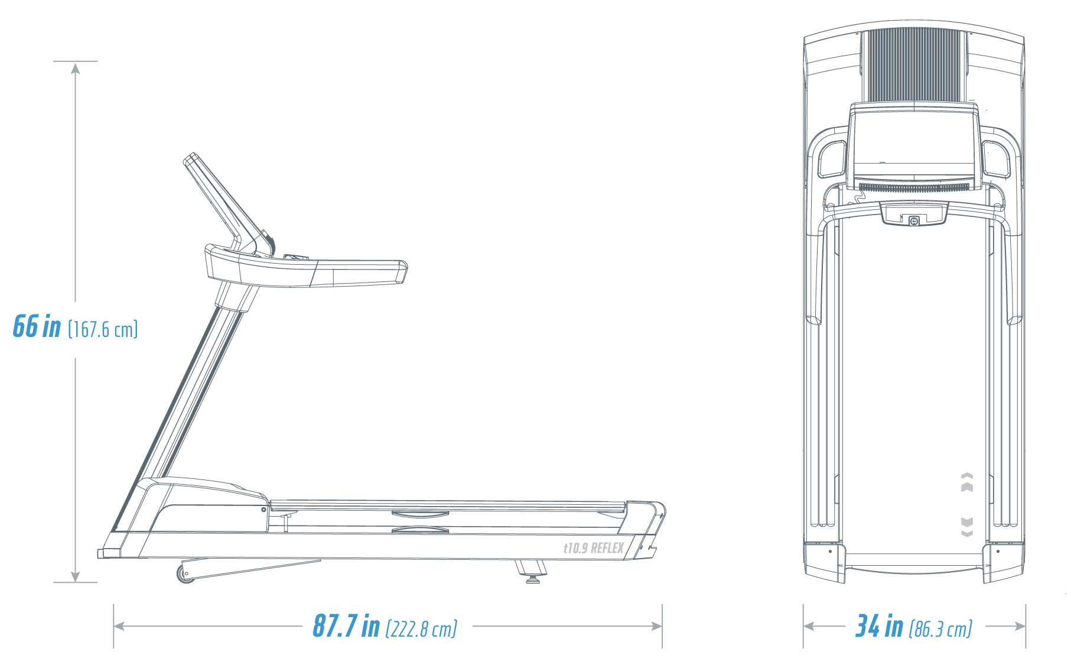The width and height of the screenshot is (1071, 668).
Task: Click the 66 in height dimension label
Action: click(37, 326)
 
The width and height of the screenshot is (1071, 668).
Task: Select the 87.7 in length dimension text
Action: click(346, 626)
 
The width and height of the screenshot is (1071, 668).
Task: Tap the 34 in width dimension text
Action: click(880, 626)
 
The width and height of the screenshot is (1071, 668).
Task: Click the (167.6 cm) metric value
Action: click(103, 329)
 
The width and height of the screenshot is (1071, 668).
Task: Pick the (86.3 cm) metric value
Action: click(940, 629)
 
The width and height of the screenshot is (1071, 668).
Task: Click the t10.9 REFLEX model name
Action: click(593, 548)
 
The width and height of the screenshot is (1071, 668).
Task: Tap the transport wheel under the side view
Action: click(185, 574)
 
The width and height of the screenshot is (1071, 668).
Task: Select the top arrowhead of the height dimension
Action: click(75, 68)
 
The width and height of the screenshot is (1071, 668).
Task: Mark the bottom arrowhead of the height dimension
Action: click(75, 576)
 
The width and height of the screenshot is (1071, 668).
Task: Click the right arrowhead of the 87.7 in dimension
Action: click(656, 626)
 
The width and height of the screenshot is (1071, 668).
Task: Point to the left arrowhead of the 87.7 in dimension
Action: click(120, 626)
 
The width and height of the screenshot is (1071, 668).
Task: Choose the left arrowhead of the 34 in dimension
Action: click(810, 626)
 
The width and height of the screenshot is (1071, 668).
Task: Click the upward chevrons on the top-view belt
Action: click(967, 482)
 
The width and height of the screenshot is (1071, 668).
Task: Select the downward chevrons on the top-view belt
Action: click(967, 527)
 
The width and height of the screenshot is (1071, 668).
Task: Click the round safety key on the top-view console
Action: click(914, 221)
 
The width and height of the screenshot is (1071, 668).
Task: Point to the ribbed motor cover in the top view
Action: click(913, 65)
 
